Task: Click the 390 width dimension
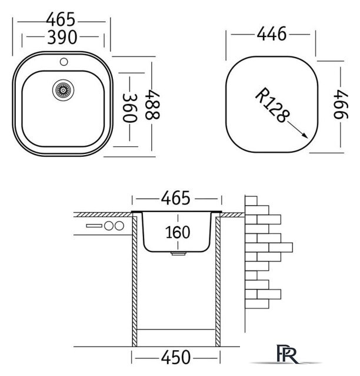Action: pyautogui.click(x=62, y=37)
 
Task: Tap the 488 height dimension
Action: pyautogui.click(x=152, y=105)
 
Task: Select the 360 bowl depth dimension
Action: pyautogui.click(x=130, y=108)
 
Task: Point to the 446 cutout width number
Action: pyautogui.click(x=272, y=34)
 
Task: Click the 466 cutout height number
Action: pyautogui.click(x=341, y=104)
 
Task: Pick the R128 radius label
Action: pyautogui.click(x=272, y=105)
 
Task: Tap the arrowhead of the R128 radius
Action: pyautogui.click(x=305, y=136)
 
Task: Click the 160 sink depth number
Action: pyautogui.click(x=178, y=232)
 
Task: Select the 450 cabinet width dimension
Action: pyautogui.click(x=176, y=358)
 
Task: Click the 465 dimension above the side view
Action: pyautogui.click(x=175, y=199)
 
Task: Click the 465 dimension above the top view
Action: pyautogui.click(x=61, y=19)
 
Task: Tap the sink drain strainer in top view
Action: pyautogui.click(x=63, y=90)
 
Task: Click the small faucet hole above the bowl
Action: pyautogui.click(x=64, y=62)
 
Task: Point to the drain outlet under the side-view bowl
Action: pyautogui.click(x=178, y=253)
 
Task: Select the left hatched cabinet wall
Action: pyautogui.click(x=135, y=281)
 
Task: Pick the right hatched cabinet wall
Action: pyautogui.click(x=218, y=281)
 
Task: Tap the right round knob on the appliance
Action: pyautogui.click(x=119, y=226)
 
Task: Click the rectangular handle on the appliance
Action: pyautogui.click(x=94, y=226)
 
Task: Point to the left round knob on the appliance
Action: pyautogui.click(x=109, y=226)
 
